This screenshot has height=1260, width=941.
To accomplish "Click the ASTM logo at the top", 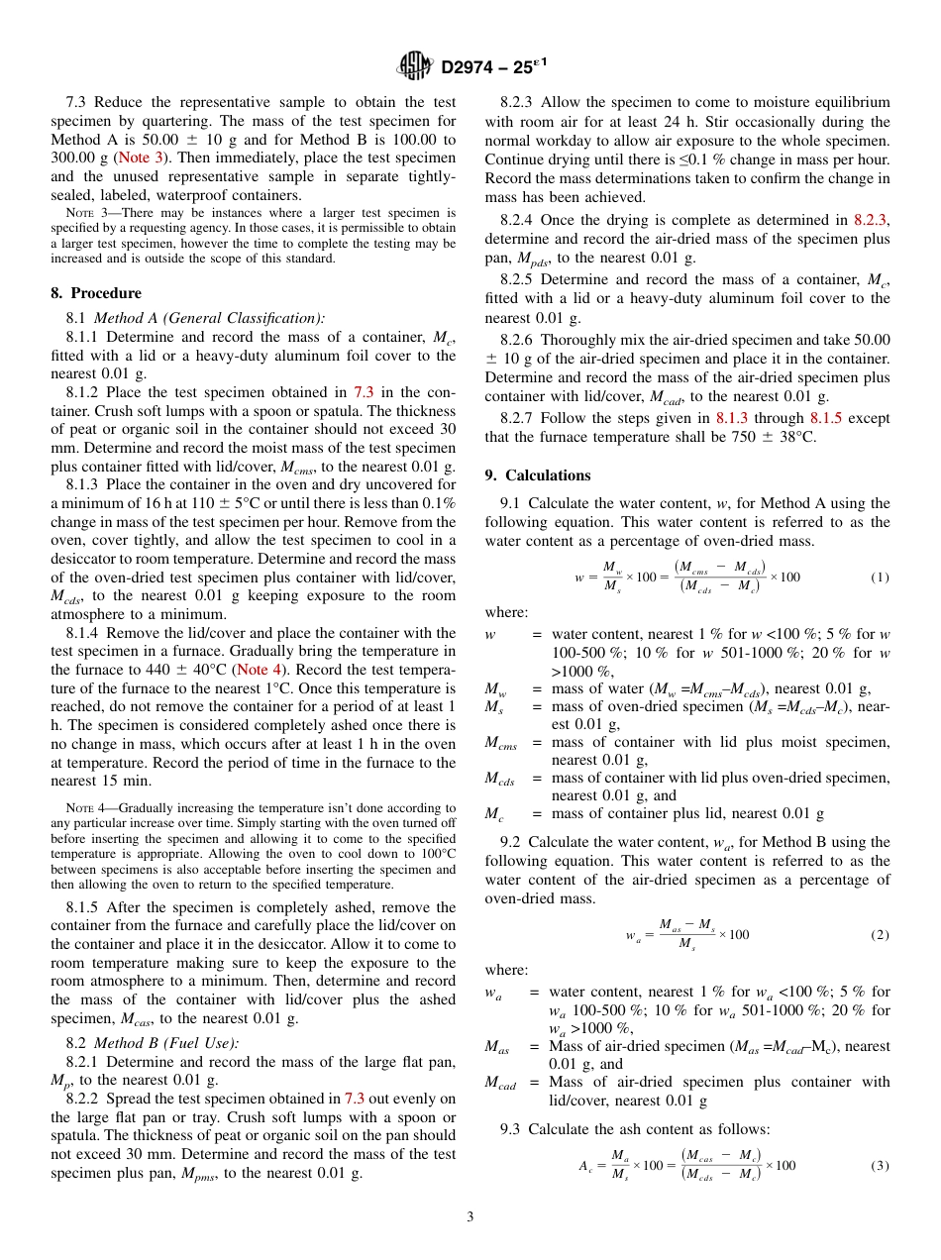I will pos(415,66).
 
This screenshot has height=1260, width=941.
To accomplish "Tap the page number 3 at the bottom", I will pos(470,1216).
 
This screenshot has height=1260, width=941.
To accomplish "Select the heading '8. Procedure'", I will pos(96,293).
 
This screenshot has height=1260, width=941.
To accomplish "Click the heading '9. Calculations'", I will pos(537,475).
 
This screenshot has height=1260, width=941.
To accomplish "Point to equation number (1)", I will pos(880,577).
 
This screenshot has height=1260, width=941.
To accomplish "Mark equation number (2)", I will pos(880,935).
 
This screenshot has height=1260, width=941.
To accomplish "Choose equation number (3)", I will pos(880,1165).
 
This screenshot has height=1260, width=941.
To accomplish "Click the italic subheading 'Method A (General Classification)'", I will pos(209,318).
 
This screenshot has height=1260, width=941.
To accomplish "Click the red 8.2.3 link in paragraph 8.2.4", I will pos(870,221).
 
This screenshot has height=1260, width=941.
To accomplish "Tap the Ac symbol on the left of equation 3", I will pos(585,1166).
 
